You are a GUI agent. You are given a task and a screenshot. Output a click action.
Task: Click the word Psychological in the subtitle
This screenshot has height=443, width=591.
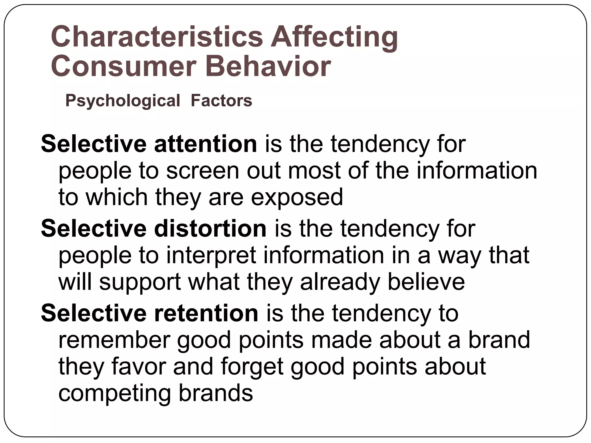(x=123, y=101)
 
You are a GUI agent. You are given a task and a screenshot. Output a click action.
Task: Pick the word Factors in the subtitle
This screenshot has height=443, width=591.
(x=221, y=101)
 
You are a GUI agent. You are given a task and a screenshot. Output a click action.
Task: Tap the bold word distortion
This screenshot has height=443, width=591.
(x=210, y=228)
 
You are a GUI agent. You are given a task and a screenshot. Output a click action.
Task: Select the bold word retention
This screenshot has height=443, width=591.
(x=206, y=313)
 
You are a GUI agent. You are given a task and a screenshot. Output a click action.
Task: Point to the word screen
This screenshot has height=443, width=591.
(x=202, y=171)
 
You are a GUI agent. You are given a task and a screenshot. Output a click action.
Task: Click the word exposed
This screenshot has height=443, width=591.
(x=297, y=198)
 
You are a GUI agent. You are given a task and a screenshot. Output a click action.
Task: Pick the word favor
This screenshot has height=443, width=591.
(x=139, y=366)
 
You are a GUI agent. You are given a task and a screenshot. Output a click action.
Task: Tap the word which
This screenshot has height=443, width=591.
(x=117, y=197)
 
